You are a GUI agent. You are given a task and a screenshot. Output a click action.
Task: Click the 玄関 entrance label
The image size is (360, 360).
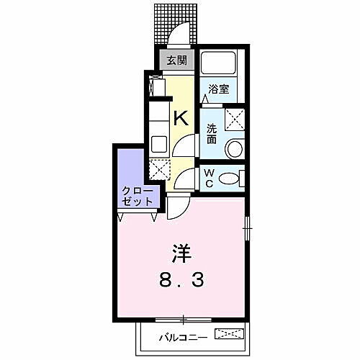point(177,61)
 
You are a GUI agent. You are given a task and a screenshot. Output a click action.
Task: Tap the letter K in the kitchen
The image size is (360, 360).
point(181,118)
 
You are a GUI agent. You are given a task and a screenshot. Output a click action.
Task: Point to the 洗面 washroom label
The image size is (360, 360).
point(212,133)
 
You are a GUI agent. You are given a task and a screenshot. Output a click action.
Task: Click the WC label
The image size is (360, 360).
point(207,176)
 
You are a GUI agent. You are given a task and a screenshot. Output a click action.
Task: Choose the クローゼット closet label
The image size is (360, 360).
point(137,196)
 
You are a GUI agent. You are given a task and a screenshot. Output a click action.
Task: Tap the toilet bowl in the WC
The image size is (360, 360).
point(228,178)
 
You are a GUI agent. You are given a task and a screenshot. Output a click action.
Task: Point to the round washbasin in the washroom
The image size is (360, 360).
point(234,149)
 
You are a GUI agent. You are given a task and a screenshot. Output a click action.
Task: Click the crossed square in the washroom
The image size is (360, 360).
point(234,118)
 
